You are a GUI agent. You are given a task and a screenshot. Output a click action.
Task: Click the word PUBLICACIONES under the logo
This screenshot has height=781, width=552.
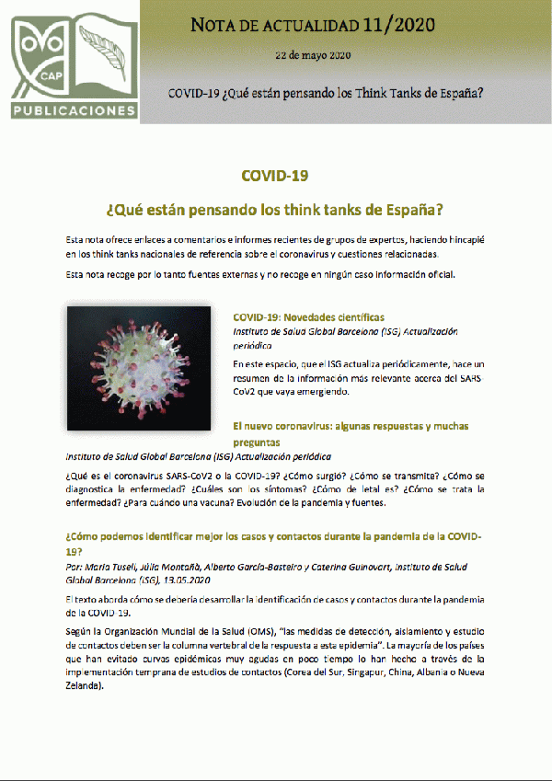(75, 111)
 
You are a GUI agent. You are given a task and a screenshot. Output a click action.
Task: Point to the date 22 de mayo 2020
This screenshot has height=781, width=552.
(313, 55)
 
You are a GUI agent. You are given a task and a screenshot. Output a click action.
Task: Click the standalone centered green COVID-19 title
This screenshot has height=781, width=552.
(274, 175)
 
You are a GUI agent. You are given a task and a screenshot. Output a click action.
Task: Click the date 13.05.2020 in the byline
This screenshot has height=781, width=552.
(187, 581)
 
